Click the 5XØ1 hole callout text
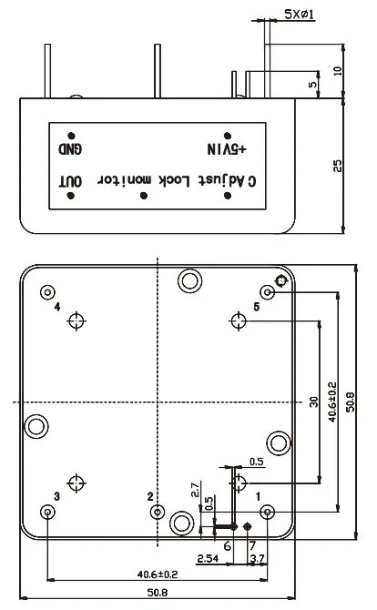(298, 16)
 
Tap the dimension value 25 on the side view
(337, 165)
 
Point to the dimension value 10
(338, 71)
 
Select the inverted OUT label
(71, 180)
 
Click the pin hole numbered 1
(268, 513)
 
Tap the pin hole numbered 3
(47, 513)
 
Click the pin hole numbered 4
(47, 292)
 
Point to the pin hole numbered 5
(268, 292)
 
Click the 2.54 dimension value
(207, 557)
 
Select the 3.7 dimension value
(257, 557)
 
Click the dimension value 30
(311, 401)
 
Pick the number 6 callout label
(228, 544)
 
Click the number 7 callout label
(252, 544)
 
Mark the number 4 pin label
(57, 308)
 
